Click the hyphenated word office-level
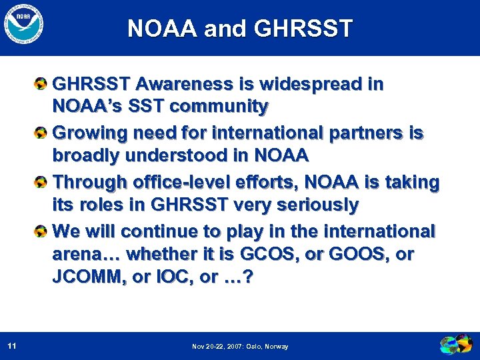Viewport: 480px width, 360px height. click(x=165, y=183)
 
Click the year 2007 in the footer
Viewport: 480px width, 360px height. click(x=228, y=347)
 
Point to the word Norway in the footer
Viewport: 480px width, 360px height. click(x=276, y=347)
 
